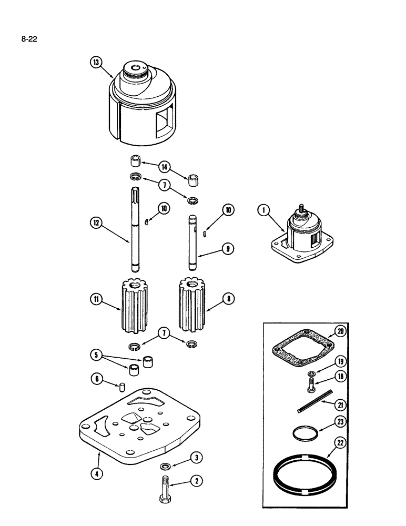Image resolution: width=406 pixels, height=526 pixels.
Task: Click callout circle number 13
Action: [95, 63]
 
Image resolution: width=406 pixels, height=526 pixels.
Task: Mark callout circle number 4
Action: [95, 472]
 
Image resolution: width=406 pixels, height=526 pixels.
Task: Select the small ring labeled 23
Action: [304, 434]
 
